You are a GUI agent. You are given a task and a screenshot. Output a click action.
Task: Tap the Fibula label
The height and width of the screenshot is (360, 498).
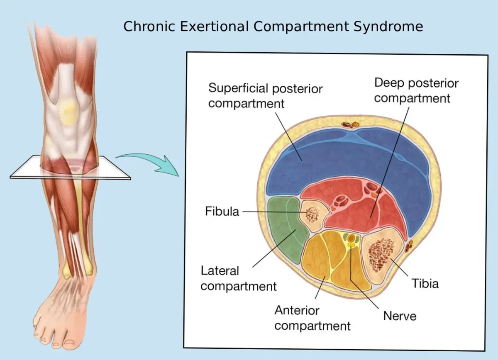[x=222, y=212]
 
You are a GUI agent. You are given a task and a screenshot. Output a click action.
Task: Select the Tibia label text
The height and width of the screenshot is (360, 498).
[x=425, y=284]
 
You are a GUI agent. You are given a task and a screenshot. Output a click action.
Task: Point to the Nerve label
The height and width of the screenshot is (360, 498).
[x=400, y=316]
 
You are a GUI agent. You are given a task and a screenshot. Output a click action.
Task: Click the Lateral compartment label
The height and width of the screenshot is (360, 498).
[x=239, y=278]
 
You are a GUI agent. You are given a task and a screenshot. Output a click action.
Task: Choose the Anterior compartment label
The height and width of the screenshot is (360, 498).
[x=312, y=318]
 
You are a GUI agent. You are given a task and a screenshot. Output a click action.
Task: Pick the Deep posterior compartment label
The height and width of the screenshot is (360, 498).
[x=416, y=90]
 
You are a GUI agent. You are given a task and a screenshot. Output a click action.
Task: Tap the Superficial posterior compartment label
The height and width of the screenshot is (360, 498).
[x=265, y=95]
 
